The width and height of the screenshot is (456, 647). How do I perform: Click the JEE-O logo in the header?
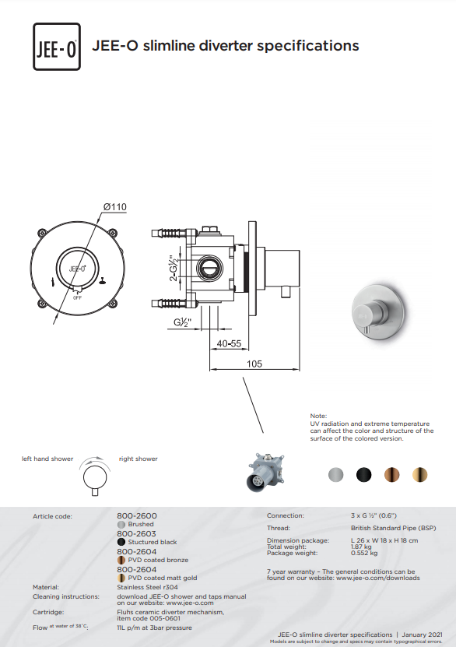(x=57, y=47)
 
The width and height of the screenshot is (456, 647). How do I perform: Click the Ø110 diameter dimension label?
(x=115, y=207)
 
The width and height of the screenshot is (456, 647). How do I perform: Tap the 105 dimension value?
(x=254, y=364)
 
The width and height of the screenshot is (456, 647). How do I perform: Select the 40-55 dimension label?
(x=229, y=343)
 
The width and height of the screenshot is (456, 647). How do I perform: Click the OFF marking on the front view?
(x=77, y=297)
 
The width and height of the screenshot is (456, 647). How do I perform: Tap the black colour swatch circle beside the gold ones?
(x=363, y=474)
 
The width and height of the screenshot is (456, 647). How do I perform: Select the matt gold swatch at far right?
(x=419, y=474)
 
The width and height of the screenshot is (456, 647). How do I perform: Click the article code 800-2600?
(x=137, y=515)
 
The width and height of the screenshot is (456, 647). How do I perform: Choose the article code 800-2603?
(x=137, y=533)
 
